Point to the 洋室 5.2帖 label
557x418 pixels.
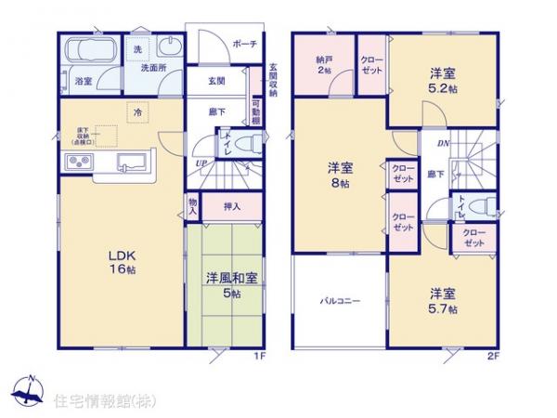point(439,82)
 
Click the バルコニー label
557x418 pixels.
point(341,301)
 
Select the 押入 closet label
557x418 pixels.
point(233,206)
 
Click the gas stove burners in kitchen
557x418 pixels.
point(77,163)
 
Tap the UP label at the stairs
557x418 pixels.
point(201,164)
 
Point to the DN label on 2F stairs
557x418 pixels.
point(444,142)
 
